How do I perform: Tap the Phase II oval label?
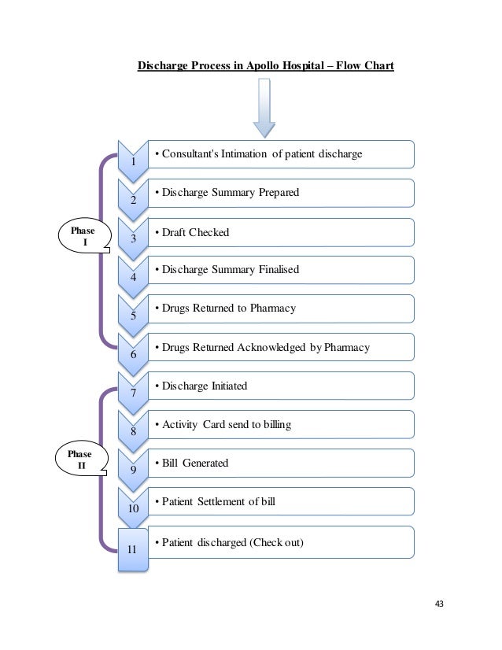(x=81, y=460)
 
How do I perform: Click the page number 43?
(x=439, y=604)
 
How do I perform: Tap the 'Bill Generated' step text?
(x=196, y=463)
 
